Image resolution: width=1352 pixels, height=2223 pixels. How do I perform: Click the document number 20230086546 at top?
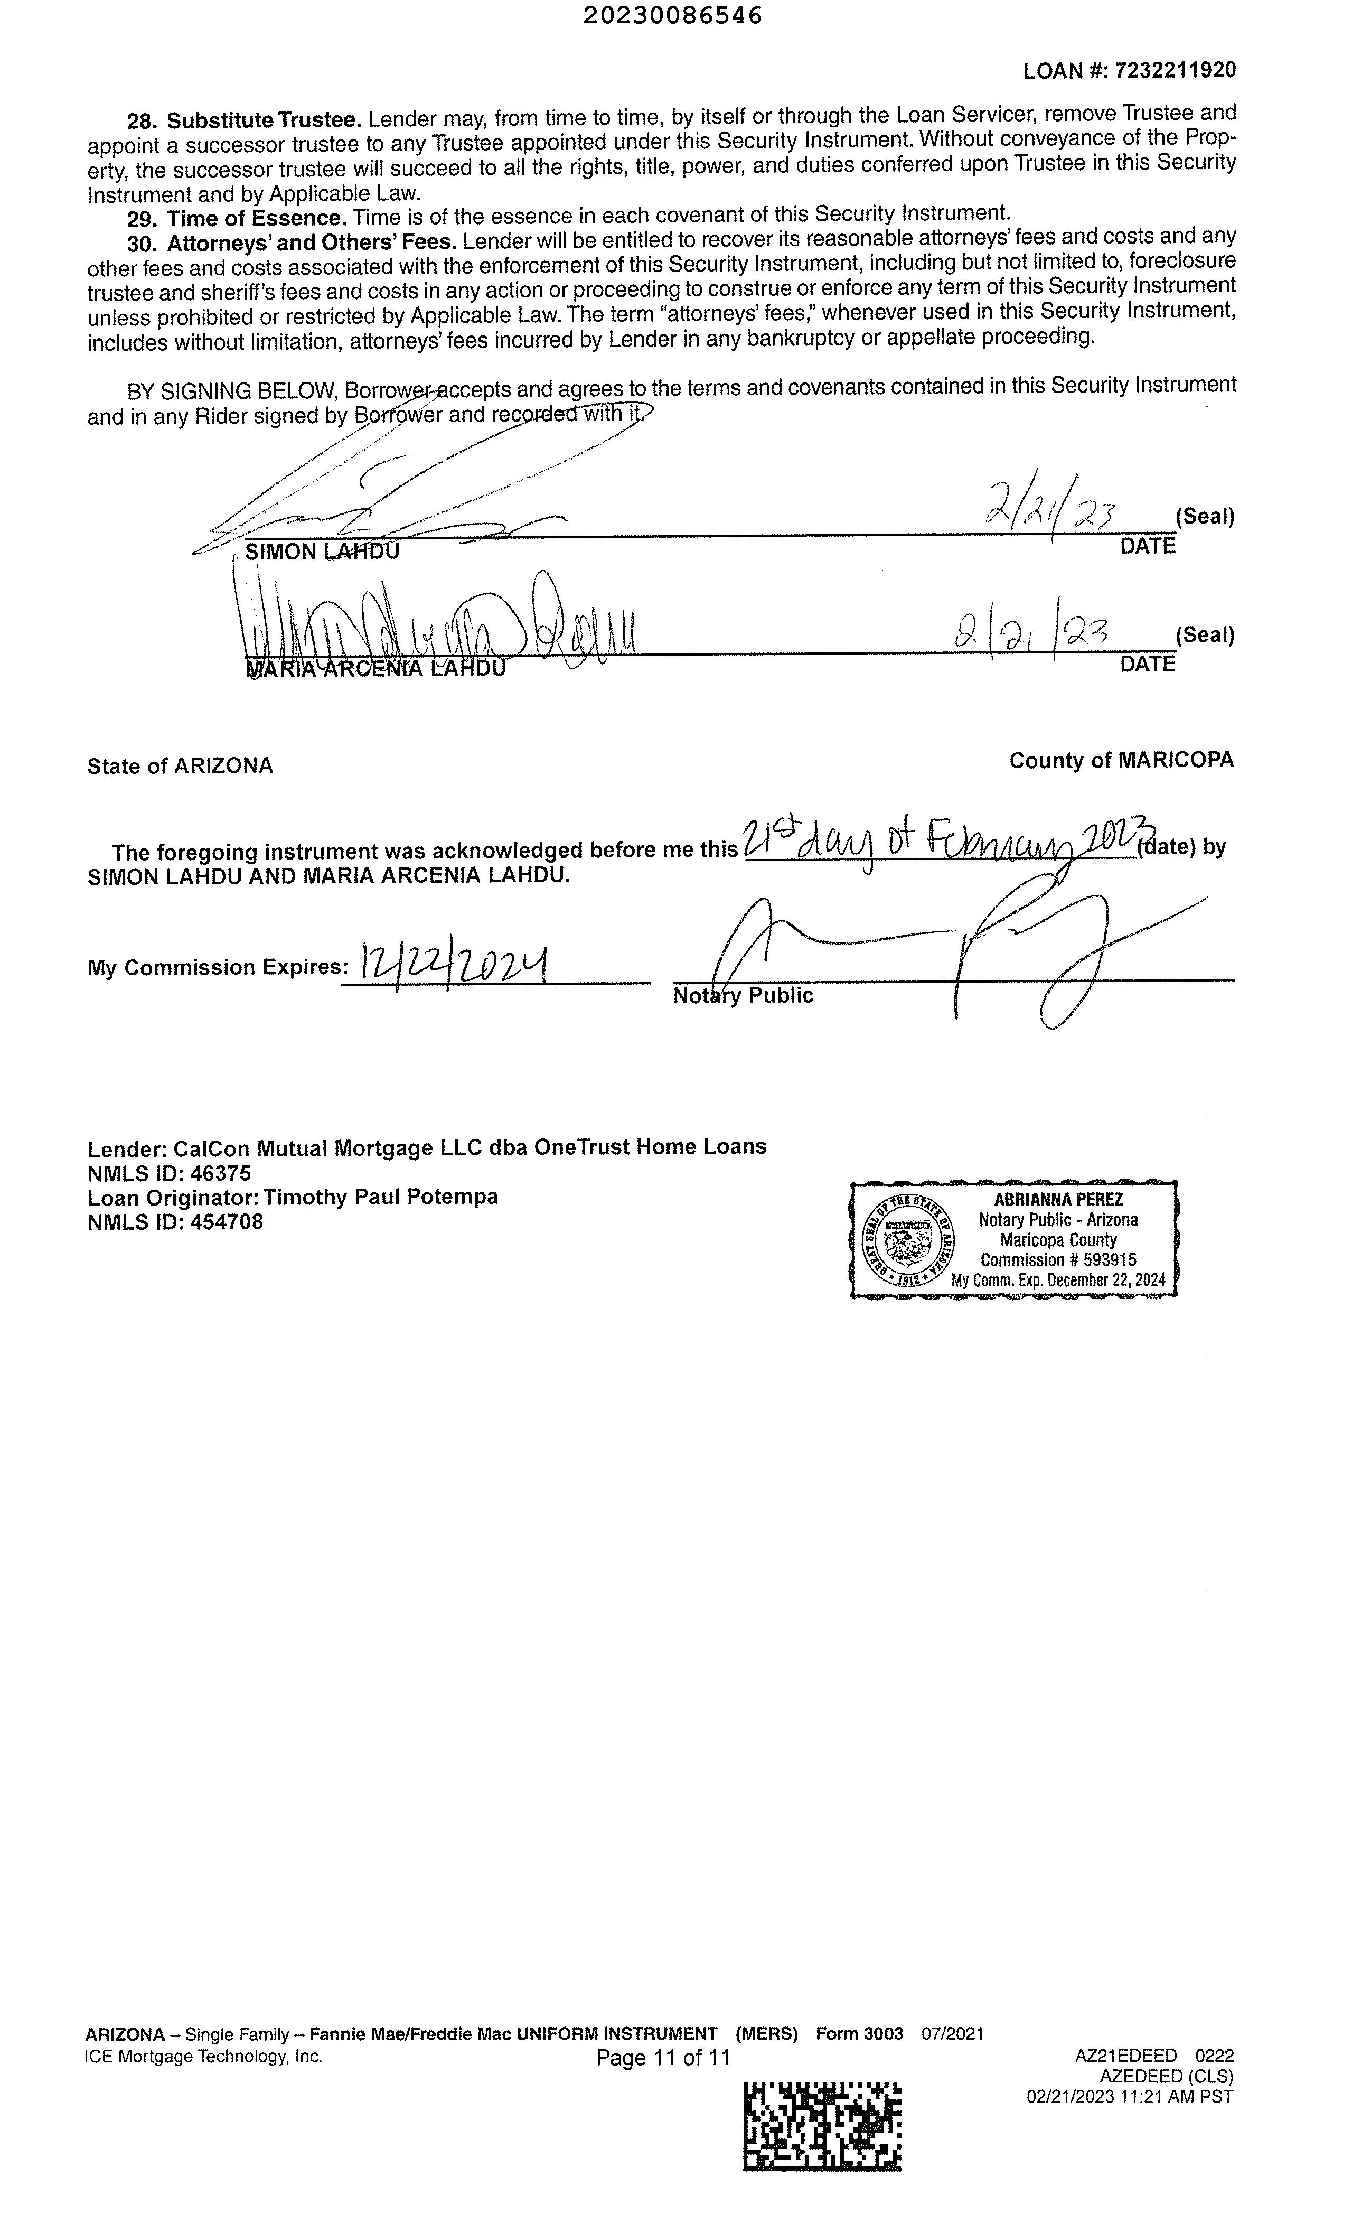(672, 15)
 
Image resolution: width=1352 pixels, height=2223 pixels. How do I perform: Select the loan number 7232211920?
(1175, 70)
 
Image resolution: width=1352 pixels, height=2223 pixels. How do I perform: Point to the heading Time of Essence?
(256, 218)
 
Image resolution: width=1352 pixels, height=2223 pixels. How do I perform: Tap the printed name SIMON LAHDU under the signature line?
(322, 551)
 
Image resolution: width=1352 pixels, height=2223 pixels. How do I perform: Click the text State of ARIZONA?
(180, 766)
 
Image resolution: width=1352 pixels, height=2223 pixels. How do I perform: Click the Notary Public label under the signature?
(743, 995)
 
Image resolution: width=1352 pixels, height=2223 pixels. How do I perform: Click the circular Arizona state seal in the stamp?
(908, 1240)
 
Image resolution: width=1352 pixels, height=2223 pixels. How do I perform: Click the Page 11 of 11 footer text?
(663, 2057)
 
